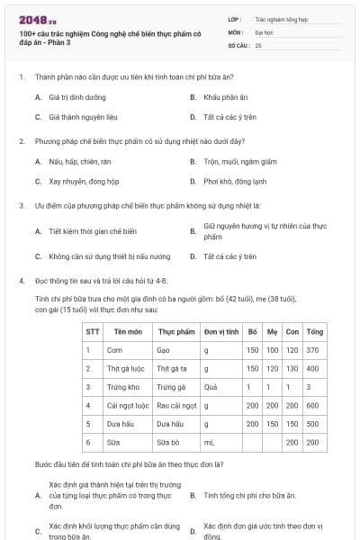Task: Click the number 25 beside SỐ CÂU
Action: pyautogui.click(x=258, y=44)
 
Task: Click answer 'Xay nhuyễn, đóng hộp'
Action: pyautogui.click(x=78, y=181)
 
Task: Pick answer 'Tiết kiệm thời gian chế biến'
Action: pyautogui.click(x=92, y=231)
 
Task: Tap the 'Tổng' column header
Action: pyautogui.click(x=314, y=331)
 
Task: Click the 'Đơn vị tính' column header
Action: pyautogui.click(x=220, y=331)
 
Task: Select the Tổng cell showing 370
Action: pyautogui.click(x=313, y=349)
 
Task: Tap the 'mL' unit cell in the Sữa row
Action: pyautogui.click(x=209, y=443)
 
